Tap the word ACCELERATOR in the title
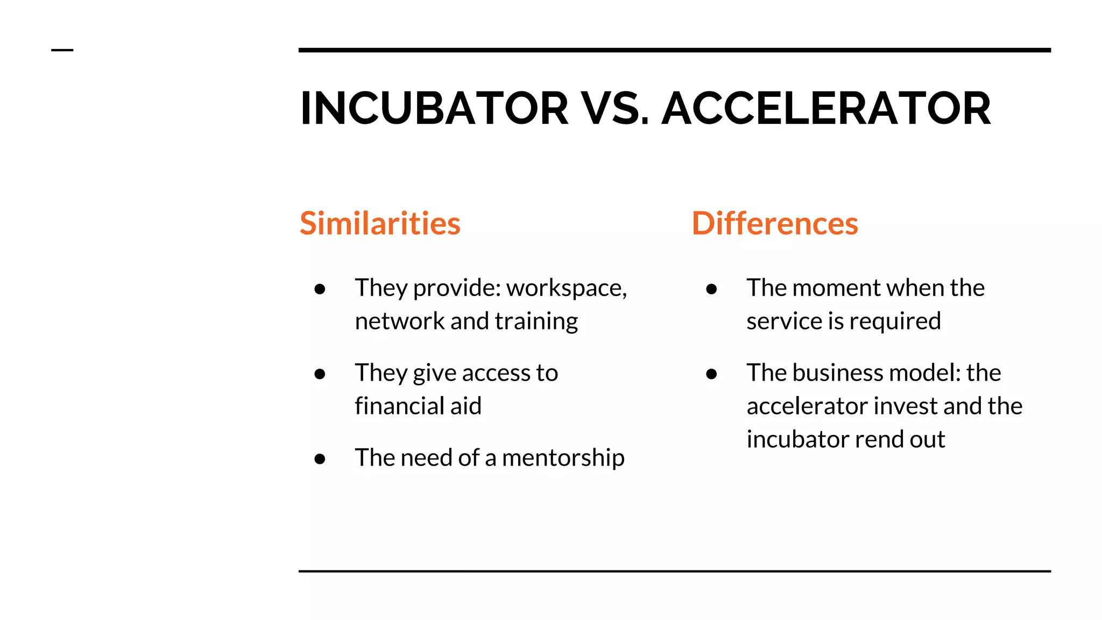click(826, 109)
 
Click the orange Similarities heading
click(380, 223)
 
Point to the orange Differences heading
click(775, 223)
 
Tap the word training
click(536, 322)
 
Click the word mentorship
click(563, 458)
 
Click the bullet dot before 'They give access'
click(320, 374)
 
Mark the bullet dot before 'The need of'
click(320, 459)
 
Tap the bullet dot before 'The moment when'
click(711, 289)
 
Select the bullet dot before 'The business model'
click(711, 374)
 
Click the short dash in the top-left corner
click(62, 50)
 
